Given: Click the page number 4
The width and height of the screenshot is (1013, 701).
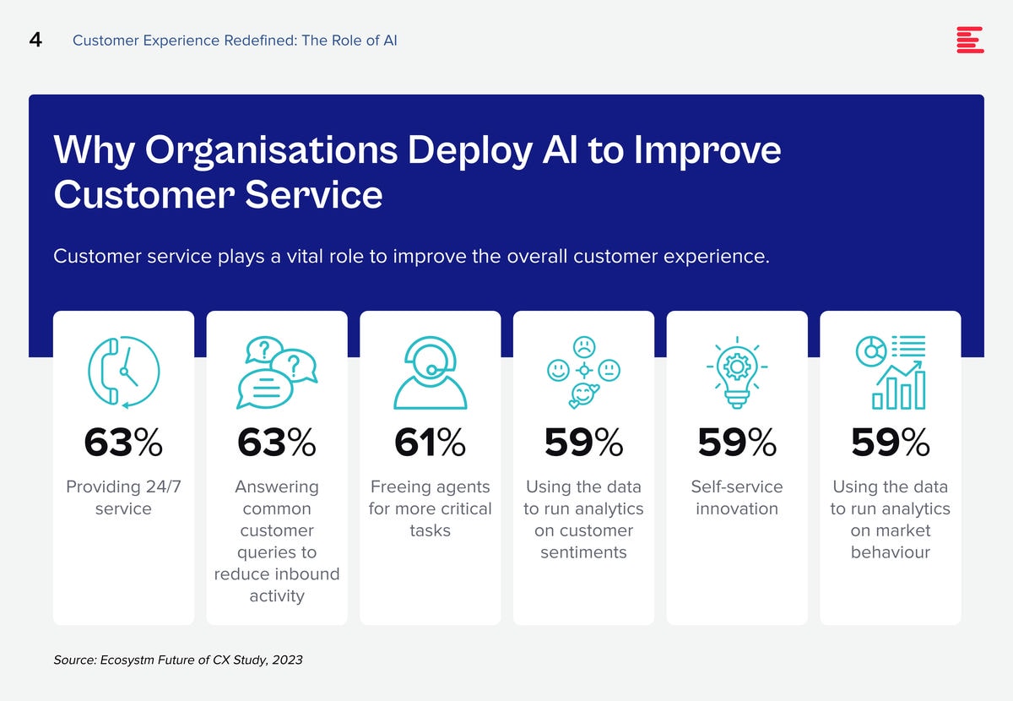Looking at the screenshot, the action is click(35, 40).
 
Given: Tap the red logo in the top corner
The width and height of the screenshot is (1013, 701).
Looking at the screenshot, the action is click(970, 40).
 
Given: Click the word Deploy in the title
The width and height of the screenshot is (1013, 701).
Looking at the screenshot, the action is click(470, 150).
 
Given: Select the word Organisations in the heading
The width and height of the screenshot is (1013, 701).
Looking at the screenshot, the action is click(271, 150).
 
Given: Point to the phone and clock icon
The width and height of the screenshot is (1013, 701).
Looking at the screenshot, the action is click(123, 372).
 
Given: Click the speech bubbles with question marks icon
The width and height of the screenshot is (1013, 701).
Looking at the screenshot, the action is click(277, 372).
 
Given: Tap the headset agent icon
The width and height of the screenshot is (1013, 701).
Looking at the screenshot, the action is click(430, 372).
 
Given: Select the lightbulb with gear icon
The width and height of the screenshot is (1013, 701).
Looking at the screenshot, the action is click(737, 372).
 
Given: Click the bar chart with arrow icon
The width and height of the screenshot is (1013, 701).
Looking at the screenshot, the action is click(891, 372).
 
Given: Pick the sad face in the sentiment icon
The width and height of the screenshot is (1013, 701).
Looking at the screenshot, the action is click(584, 347).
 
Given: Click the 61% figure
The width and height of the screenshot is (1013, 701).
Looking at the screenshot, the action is click(430, 443).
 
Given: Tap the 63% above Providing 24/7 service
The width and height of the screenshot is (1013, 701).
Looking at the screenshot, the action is click(123, 443).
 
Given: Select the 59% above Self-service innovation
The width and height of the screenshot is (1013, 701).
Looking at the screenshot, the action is click(737, 443).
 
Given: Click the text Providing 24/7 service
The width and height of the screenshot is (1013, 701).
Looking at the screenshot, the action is click(123, 497).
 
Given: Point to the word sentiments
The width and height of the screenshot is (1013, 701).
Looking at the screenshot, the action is click(583, 552).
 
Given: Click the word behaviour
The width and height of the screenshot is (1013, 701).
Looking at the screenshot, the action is click(890, 552).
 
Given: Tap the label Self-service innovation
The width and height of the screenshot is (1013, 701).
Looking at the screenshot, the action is click(737, 497).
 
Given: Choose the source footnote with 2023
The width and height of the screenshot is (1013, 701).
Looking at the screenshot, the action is click(178, 660).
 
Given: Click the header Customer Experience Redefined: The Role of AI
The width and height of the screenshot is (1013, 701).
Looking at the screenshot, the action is click(235, 41).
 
